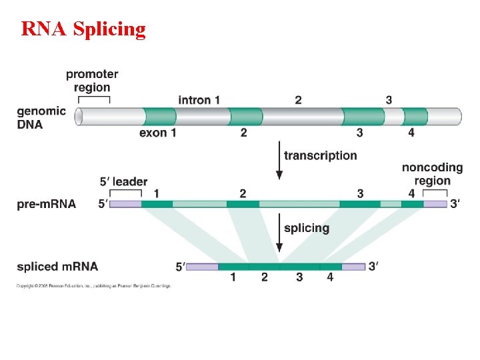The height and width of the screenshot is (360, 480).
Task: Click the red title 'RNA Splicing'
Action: click(83, 29)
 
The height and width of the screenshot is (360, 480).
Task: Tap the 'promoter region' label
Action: click(92, 81)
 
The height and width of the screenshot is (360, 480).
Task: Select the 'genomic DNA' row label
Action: click(41, 118)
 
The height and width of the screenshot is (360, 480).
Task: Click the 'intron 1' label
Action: click(199, 100)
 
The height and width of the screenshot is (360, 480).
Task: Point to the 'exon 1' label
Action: click(158, 133)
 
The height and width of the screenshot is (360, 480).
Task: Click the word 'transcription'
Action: click(321, 155)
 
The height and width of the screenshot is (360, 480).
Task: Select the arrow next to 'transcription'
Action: click(279, 162)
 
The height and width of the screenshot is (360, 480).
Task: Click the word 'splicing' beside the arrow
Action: click(307, 228)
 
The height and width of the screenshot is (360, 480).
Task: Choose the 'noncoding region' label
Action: click(432, 174)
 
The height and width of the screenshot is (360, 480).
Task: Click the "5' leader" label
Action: click(123, 181)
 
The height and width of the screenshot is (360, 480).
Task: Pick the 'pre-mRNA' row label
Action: click(47, 204)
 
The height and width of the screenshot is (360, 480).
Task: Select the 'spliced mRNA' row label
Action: click(57, 267)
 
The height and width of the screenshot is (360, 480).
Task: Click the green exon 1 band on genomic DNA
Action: click(160, 116)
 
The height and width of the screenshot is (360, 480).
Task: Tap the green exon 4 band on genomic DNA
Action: click(415, 116)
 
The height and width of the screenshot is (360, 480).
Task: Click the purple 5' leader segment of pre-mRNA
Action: click(125, 204)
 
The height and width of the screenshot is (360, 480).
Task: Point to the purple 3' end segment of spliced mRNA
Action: click(353, 267)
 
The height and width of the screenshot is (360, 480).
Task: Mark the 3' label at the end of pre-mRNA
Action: click(455, 204)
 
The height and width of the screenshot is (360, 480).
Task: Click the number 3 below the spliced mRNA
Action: click(299, 277)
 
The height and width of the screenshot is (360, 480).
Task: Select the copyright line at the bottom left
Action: click(94, 286)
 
